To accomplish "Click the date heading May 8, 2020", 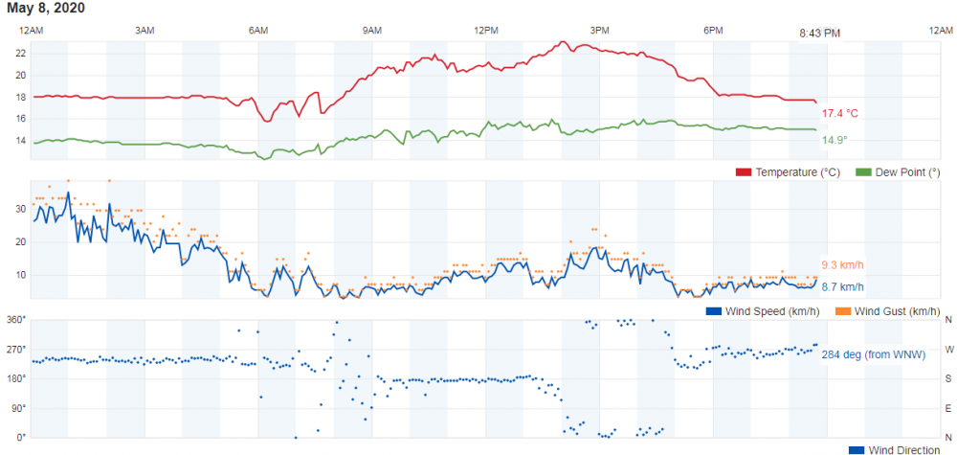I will coord(46,9).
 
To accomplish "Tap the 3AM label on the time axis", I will coord(145,31).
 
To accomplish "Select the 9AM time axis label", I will coord(372,31).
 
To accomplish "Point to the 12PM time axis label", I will coord(486,31).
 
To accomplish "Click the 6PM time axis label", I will coord(713,31).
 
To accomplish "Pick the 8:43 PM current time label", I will coord(820,34).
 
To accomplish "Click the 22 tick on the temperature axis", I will coord(20,53).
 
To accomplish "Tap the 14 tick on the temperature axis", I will coord(20,141).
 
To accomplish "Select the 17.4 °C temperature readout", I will coord(840,113).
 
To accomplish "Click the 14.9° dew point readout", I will coord(835,140).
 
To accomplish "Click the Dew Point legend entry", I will coord(893,172).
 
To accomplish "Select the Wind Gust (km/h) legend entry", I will coord(888,310).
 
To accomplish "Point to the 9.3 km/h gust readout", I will coord(842,264).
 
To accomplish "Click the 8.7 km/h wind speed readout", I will coord(842,286).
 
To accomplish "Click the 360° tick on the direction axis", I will coord(15,319).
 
